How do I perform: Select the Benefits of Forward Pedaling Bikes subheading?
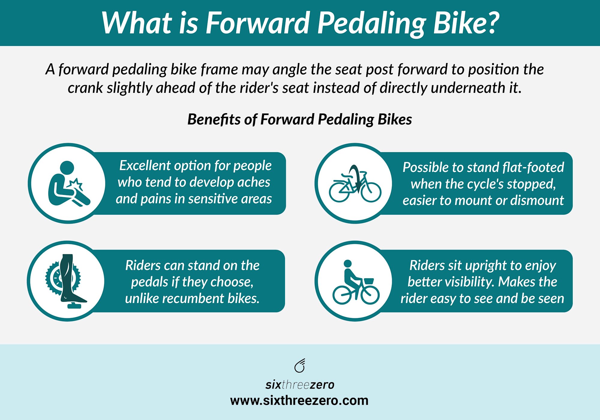299,119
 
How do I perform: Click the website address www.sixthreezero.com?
299,400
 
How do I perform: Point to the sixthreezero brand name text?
300,385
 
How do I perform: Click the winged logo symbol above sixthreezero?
300,365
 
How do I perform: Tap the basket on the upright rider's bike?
368,281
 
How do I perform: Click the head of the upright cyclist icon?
347,264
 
